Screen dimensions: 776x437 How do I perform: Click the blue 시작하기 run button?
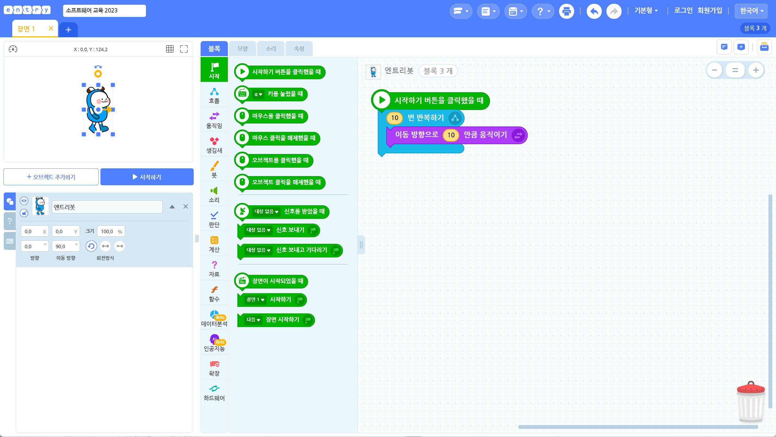[147, 177]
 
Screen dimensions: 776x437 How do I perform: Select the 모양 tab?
[242, 49]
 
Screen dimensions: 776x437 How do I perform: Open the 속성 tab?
[299, 49]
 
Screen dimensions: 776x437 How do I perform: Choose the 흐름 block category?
[214, 95]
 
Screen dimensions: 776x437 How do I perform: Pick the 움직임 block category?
[214, 120]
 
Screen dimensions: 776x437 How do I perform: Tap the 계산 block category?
[214, 244]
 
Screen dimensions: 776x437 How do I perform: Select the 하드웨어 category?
[214, 392]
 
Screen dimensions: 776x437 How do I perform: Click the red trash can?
[751, 402]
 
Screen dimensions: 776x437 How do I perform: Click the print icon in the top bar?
[567, 11]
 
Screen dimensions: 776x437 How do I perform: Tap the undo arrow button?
[594, 11]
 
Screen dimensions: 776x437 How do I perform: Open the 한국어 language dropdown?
[751, 11]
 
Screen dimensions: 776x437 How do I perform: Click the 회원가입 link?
[710, 11]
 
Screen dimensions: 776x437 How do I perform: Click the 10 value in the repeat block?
[395, 118]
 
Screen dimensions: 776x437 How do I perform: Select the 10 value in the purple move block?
[451, 135]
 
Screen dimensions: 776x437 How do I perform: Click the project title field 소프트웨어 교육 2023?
[104, 11]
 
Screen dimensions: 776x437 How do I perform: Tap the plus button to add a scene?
[68, 30]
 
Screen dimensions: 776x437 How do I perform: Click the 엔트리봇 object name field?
[107, 207]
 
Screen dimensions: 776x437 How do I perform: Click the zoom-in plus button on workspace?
[756, 70]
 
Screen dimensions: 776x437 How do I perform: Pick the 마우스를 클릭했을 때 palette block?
[271, 116]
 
